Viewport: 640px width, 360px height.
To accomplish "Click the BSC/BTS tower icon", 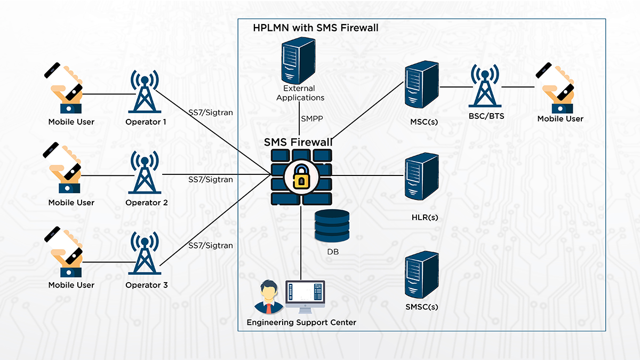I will point(484,86).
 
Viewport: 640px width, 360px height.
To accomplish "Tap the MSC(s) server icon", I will point(421,85).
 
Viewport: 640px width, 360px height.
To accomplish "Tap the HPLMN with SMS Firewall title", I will point(315,28).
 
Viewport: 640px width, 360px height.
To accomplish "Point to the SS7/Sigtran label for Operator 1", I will point(211,113).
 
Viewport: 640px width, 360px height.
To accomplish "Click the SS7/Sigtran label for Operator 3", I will point(211,245).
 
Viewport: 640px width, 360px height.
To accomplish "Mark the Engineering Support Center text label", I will point(301,322).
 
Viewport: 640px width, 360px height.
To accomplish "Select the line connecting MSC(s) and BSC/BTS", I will point(454,86).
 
